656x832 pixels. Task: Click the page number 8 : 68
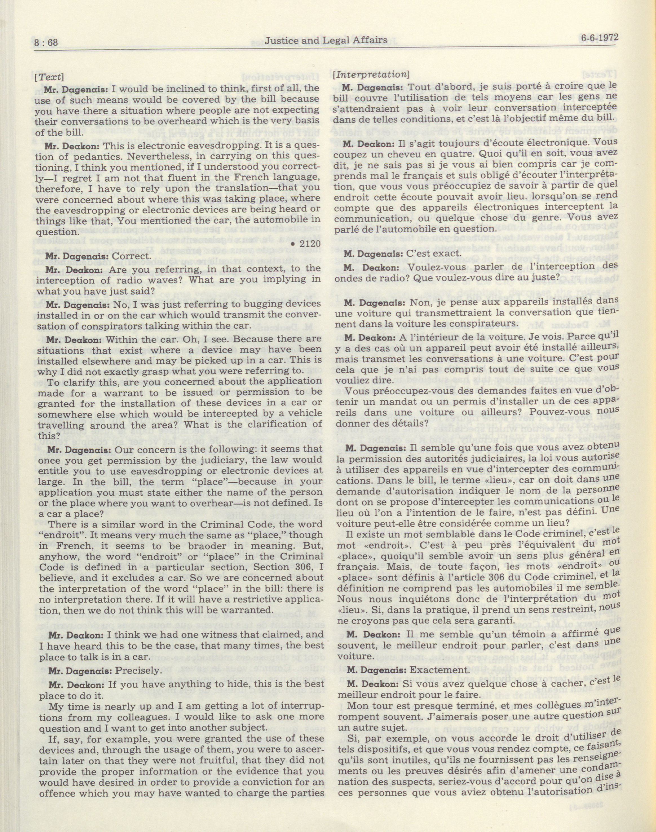(46, 42)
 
